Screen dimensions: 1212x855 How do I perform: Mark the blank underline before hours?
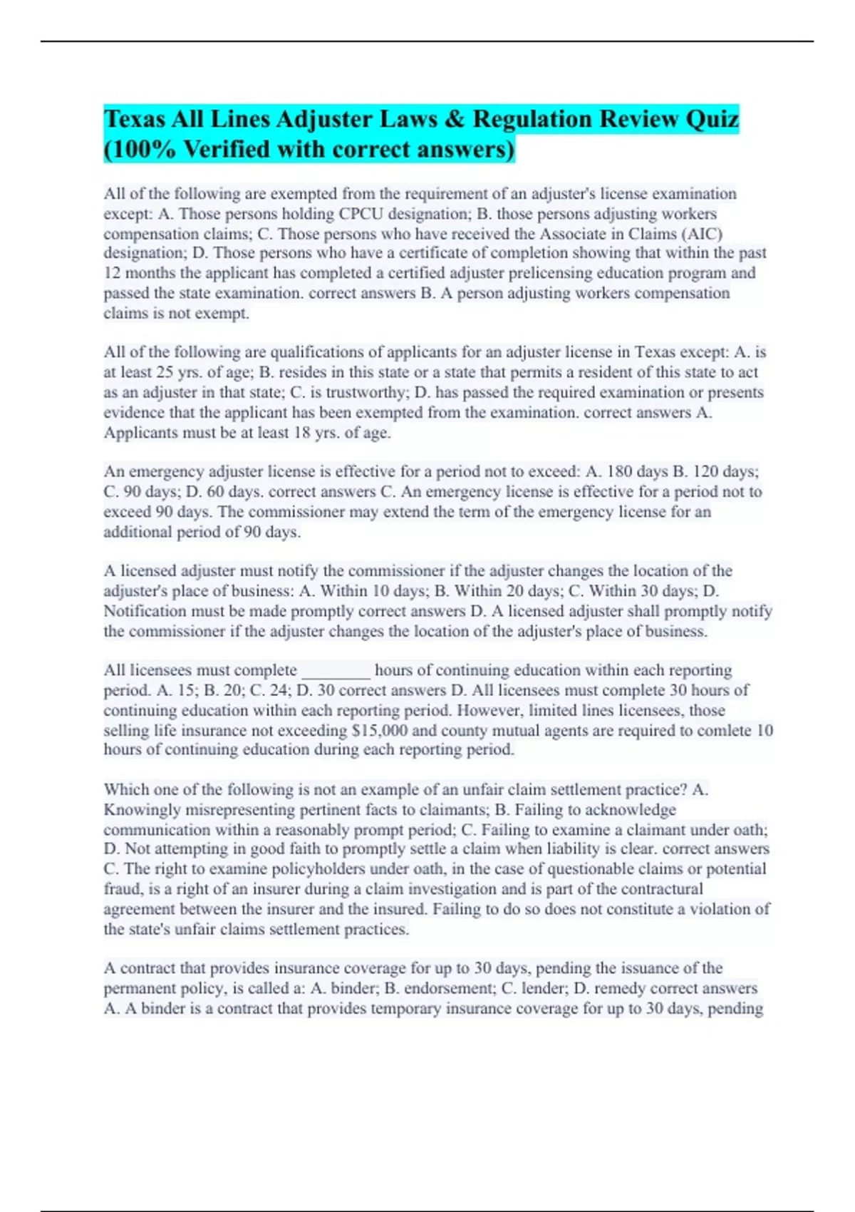click(x=336, y=671)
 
